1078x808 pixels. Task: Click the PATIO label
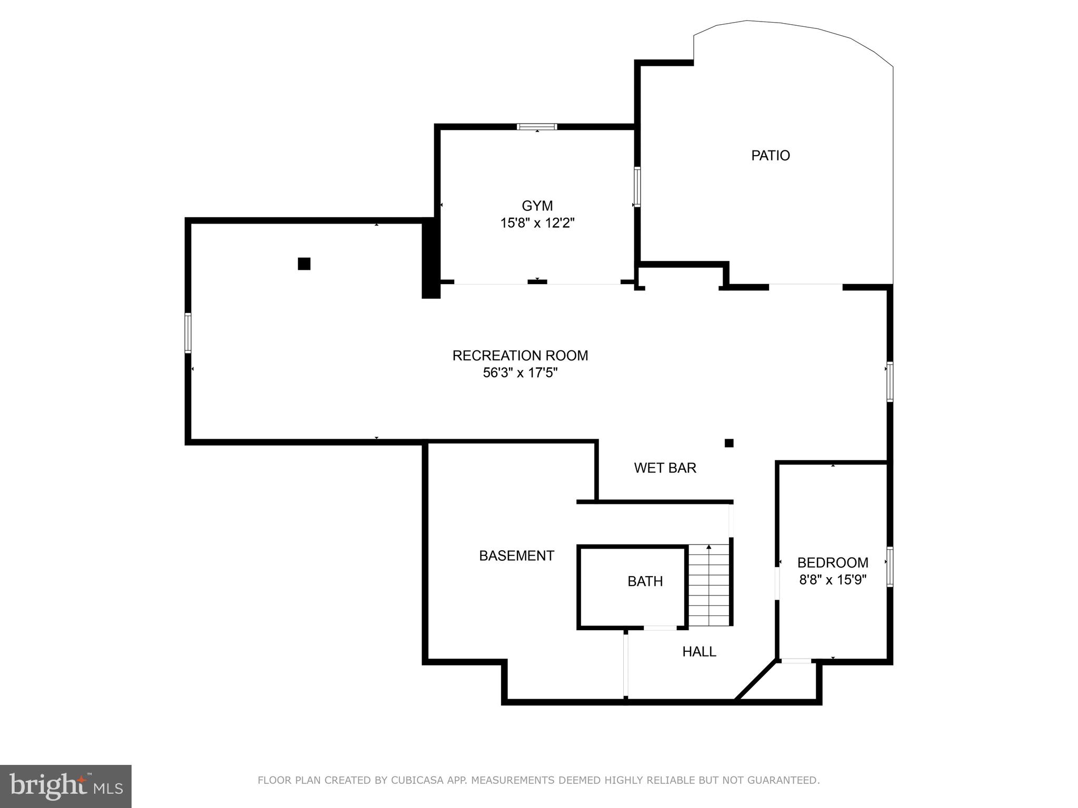(770, 156)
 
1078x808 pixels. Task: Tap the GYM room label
(537, 206)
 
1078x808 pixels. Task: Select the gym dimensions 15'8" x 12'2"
(537, 223)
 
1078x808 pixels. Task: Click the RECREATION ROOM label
(520, 356)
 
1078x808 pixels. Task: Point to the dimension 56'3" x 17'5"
(520, 373)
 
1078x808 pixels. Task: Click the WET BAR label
(665, 468)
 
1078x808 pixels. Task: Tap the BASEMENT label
(516, 555)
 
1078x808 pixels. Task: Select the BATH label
(645, 581)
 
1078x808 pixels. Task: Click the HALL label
(699, 652)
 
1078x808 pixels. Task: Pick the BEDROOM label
(833, 563)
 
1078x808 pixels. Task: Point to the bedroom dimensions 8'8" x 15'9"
(833, 580)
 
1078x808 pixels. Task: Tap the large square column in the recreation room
(304, 264)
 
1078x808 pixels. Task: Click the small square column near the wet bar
(729, 443)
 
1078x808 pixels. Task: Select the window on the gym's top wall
(536, 127)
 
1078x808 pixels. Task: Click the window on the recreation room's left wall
(188, 332)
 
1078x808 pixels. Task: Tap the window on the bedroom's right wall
(890, 567)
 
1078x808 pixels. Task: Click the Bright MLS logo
(65, 786)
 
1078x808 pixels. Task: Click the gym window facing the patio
(637, 186)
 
